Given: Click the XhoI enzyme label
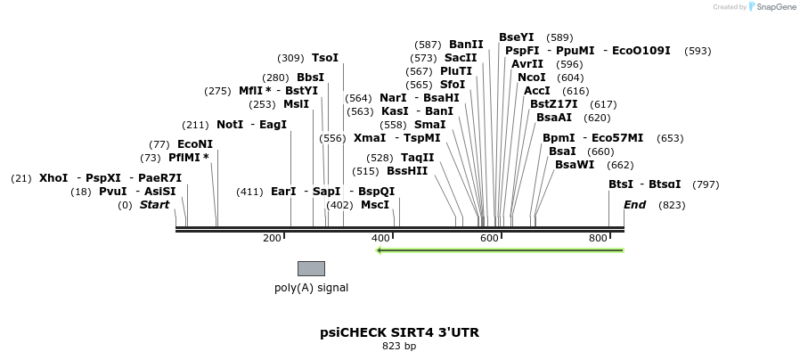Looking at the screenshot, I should click(53, 178).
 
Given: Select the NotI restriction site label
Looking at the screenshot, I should click(229, 125).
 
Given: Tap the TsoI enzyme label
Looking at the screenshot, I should click(325, 58).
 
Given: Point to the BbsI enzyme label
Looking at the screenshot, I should click(310, 78).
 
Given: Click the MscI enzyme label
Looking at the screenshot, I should click(374, 205).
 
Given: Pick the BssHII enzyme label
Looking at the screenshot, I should click(407, 171).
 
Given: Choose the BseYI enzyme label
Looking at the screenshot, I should click(516, 37).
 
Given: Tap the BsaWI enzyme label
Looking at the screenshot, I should click(574, 165).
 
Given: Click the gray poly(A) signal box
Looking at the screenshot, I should click(311, 268).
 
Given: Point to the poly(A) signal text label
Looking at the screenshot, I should click(311, 288).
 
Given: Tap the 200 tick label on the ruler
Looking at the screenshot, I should click(272, 238).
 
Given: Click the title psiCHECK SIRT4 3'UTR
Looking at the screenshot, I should click(399, 332).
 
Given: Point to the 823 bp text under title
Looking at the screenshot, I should click(399, 347).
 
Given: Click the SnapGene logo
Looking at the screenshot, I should click(771, 7).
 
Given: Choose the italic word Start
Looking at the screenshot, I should click(154, 205).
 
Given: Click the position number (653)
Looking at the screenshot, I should click(669, 138).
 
